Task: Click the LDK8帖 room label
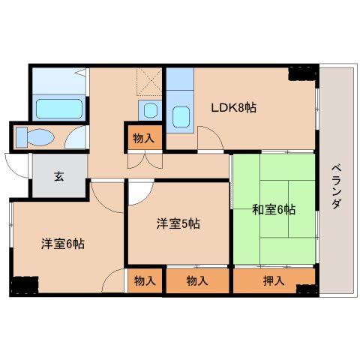pos(234,108)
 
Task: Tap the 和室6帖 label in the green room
pos(273,209)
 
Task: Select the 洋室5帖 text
pos(178,223)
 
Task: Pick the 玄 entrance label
pos(58,178)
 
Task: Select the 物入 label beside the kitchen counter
pos(143,138)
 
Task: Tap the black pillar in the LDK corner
pos(302,73)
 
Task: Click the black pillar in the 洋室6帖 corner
pos(24,286)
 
